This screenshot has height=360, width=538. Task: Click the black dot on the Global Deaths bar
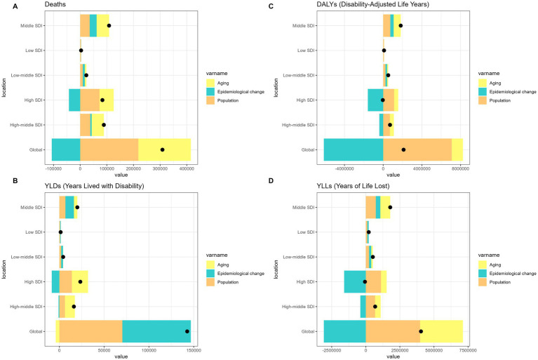point(162,149)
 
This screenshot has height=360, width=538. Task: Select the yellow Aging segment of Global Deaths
point(164,149)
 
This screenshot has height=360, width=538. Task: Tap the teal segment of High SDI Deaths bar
point(74,100)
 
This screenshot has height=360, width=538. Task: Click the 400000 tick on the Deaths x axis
point(187,169)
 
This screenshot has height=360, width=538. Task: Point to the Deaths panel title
point(55,4)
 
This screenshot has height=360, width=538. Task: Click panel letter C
point(271,6)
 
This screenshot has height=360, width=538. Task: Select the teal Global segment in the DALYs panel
point(354,149)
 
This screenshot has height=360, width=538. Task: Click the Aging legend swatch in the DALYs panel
point(483,83)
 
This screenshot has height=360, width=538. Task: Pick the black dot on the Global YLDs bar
point(187,331)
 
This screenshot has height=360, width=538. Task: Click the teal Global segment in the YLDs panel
point(156,331)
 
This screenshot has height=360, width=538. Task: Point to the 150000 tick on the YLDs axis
point(194,350)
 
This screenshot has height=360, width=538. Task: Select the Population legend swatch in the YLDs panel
point(210,282)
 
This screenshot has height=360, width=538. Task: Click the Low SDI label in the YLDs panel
point(34,232)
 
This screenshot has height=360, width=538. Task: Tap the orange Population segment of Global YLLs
point(393,331)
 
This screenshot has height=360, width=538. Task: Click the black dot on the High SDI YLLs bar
point(365,281)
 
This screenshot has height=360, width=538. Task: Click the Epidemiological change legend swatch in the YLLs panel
point(483,274)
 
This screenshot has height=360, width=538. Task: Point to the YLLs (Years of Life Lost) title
point(353,186)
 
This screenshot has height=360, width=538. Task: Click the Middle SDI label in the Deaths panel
point(32,26)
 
